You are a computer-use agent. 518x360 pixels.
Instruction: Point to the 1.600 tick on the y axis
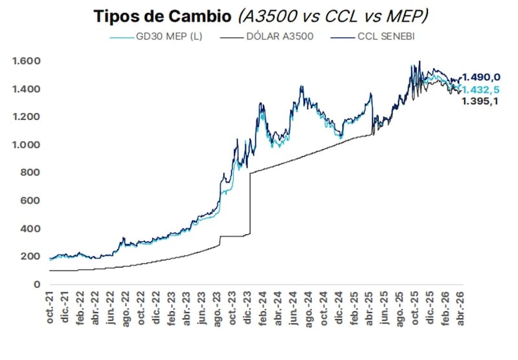point(27,62)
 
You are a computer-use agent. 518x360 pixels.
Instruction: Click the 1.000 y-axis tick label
point(27,145)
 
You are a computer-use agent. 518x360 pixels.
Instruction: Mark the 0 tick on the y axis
point(37,284)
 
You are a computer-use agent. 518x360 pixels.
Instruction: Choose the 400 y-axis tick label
point(31,229)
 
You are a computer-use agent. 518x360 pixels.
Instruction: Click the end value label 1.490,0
point(480,78)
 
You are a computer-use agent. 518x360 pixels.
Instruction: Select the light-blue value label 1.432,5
point(480,89)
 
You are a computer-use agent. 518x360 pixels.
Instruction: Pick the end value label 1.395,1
point(480,101)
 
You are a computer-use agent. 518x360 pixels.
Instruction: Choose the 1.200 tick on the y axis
point(27,117)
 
